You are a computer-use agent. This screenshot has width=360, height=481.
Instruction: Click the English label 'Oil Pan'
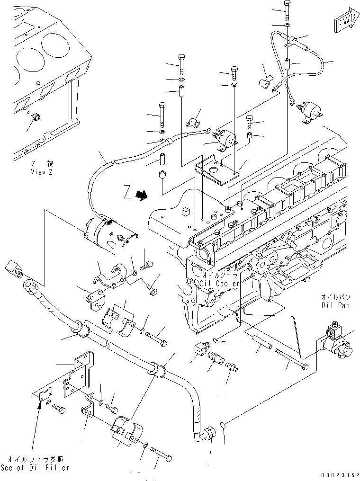(335, 306)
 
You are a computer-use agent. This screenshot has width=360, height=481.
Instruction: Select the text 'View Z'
(42, 172)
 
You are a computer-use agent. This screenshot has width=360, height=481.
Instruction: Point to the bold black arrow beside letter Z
(140, 195)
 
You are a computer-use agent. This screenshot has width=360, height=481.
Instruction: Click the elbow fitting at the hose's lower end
(207, 435)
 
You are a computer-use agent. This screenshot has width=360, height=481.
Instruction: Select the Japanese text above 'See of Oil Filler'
(35, 459)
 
